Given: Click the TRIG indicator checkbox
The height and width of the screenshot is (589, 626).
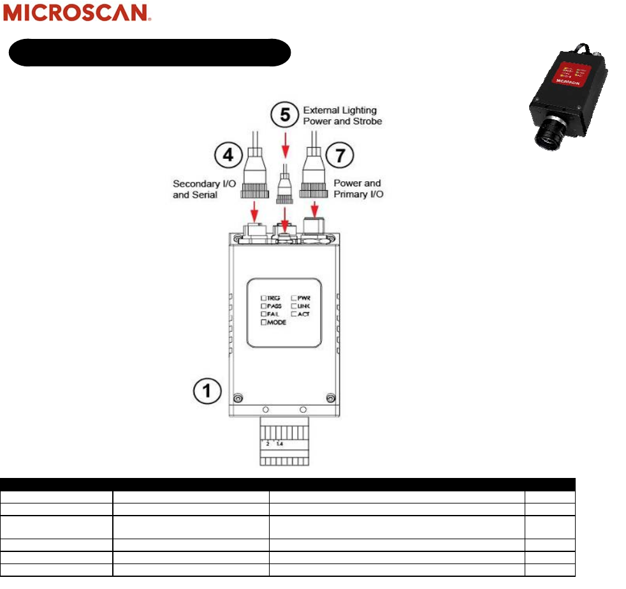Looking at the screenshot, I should click(263, 298).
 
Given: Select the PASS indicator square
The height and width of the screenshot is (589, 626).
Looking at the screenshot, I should click(263, 306).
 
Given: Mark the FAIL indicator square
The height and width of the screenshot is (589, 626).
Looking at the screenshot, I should click(263, 315).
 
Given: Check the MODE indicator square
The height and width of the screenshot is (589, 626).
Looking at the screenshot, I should click(263, 323).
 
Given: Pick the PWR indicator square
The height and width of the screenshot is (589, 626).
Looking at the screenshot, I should click(294, 298).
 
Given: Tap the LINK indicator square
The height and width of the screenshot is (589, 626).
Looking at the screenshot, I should click(294, 306).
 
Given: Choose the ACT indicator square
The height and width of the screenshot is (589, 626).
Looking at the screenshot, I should click(294, 315).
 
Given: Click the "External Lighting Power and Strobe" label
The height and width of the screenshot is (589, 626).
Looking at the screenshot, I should click(343, 116).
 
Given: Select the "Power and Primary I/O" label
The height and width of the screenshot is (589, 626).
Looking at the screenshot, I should click(358, 189).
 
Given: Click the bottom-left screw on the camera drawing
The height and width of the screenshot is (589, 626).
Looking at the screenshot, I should click(238, 398).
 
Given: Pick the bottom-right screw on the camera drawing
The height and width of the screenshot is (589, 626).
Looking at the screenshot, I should click(330, 398).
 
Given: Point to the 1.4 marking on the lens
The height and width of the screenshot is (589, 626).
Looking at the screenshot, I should click(280, 443).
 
